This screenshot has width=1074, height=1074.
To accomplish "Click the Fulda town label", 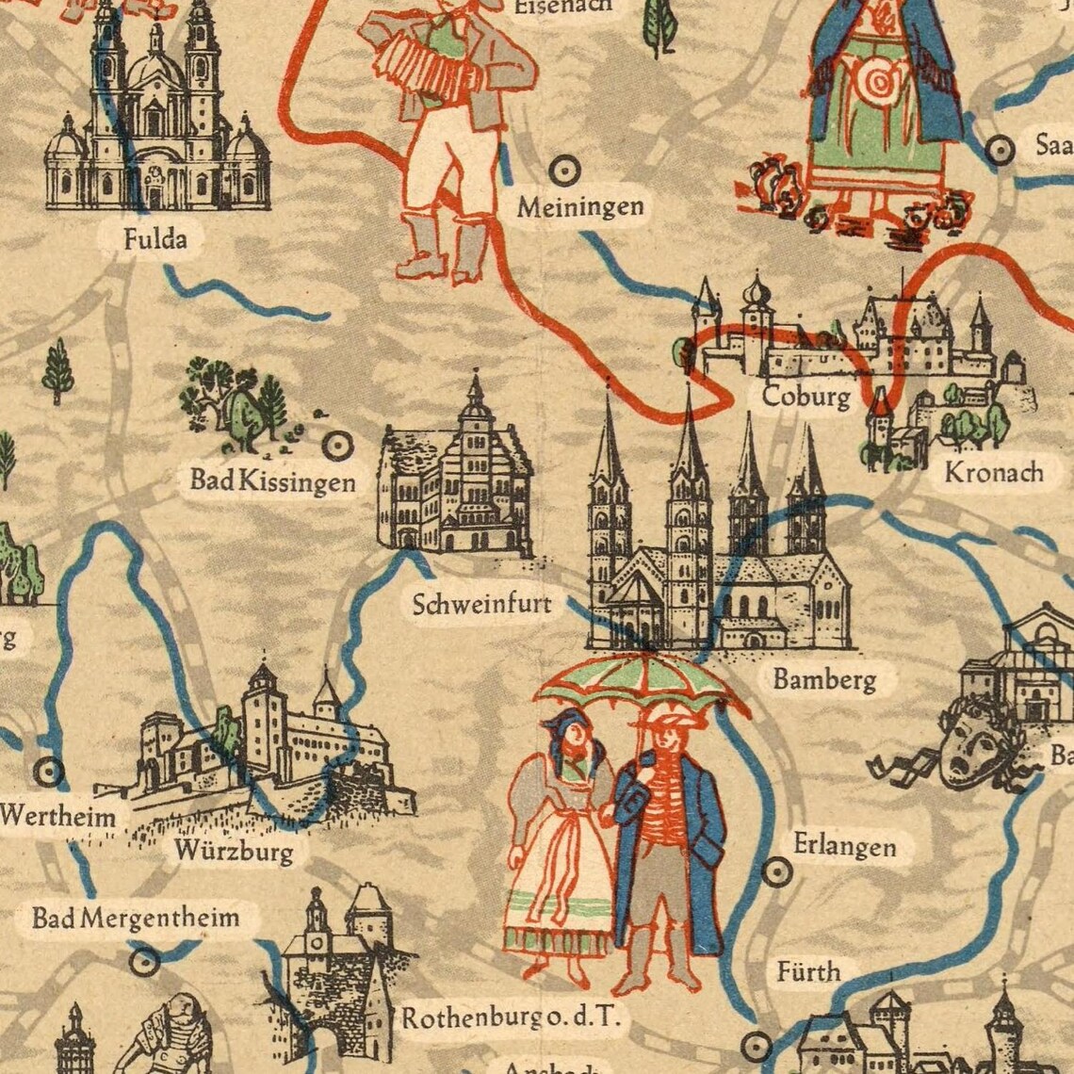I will click(155, 239).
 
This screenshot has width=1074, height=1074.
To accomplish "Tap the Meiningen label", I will click(579, 207).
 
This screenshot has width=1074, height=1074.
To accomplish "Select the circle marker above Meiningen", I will click(563, 171).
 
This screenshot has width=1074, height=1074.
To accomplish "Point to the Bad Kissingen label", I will click(272, 481).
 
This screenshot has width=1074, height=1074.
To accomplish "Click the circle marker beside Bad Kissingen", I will click(336, 444).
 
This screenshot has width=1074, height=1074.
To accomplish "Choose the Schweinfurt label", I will click(481, 604).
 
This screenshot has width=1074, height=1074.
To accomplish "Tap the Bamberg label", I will click(824, 678).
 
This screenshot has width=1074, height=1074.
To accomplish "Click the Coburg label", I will click(805, 396).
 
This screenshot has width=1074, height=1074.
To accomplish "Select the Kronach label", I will click(994, 472).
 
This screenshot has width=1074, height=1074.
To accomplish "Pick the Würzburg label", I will click(234, 852).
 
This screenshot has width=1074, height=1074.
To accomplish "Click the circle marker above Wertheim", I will click(48, 773).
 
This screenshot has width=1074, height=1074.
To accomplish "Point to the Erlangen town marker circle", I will click(775, 872).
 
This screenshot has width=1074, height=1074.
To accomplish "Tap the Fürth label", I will click(808, 970).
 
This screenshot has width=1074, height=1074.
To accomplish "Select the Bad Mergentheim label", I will click(136, 917).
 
